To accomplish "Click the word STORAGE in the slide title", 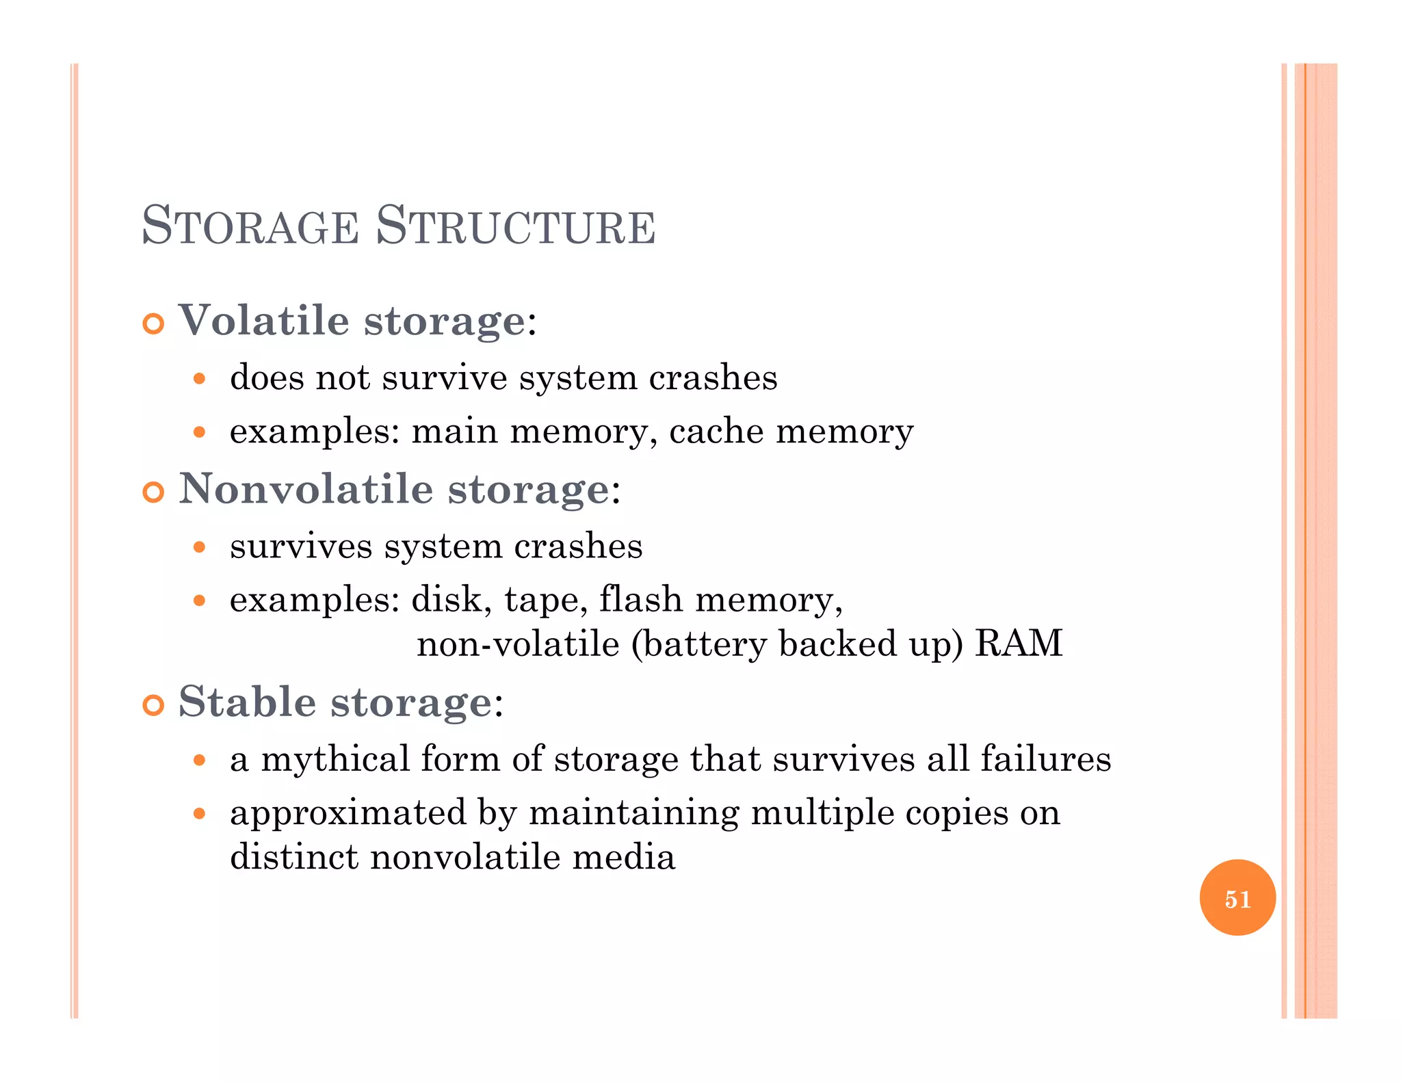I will (250, 226).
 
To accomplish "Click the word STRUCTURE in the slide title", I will (516, 226).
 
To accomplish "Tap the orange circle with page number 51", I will (1238, 898).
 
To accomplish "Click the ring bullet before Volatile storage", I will (154, 324).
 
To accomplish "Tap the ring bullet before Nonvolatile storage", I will (154, 492).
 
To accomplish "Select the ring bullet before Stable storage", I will (154, 705).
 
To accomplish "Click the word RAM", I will (1019, 644).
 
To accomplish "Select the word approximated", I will (348, 813).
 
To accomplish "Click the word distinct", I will (294, 857).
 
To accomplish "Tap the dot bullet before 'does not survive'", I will (199, 378).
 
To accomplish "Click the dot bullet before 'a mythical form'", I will (199, 760).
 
